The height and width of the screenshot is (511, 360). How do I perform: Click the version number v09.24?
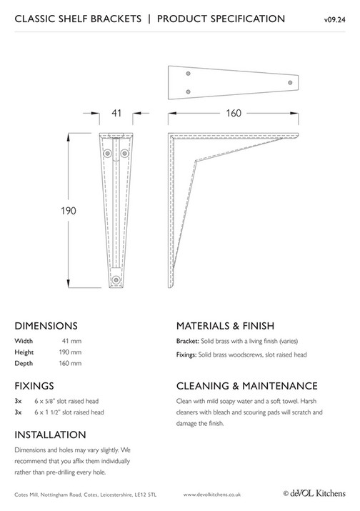[x=334, y=20]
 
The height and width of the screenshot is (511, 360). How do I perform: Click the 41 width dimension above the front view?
[x=114, y=112]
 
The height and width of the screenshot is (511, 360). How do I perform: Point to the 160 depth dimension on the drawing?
[x=232, y=112]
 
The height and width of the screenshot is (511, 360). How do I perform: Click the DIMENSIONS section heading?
[x=46, y=324]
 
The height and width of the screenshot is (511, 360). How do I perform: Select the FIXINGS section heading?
[x=34, y=385]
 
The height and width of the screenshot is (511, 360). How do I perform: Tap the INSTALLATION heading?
[x=50, y=435]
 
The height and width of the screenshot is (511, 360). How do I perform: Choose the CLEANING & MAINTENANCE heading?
[x=246, y=385]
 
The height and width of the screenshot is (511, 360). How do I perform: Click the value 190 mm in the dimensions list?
[x=71, y=352]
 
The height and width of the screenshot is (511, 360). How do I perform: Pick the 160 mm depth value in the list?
[x=71, y=364]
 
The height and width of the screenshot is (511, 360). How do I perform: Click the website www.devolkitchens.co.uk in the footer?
[x=212, y=494]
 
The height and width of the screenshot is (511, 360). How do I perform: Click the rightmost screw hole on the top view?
[x=290, y=84]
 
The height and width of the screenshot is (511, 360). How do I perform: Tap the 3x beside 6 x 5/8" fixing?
[x=18, y=400]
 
